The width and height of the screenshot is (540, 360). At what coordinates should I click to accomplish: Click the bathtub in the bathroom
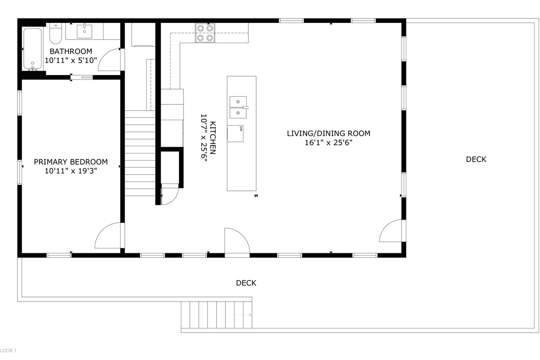coord(32,49)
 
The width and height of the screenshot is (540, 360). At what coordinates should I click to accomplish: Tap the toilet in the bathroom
coord(56,33)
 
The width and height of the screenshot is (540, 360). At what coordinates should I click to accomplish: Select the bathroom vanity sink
coord(85,31)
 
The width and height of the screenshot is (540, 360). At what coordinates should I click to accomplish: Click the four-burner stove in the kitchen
coord(205,33)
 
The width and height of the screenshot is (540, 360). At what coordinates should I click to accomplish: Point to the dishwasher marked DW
coord(235,133)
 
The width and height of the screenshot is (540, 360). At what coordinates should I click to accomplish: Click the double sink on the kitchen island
coord(238,107)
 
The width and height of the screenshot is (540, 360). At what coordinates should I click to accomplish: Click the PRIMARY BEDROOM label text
coord(71,162)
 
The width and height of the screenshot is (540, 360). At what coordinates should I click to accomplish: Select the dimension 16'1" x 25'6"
coord(328,143)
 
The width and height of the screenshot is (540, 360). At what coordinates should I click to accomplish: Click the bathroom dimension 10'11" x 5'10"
coord(71,60)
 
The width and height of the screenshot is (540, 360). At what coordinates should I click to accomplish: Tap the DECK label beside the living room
coord(476,159)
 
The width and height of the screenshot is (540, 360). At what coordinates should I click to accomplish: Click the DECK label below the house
coord(246,283)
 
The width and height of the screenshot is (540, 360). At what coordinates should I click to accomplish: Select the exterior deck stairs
coord(216,315)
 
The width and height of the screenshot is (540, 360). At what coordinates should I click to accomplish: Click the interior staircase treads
coord(140,153)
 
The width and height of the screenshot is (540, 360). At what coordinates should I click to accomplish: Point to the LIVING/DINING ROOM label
coord(328,133)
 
